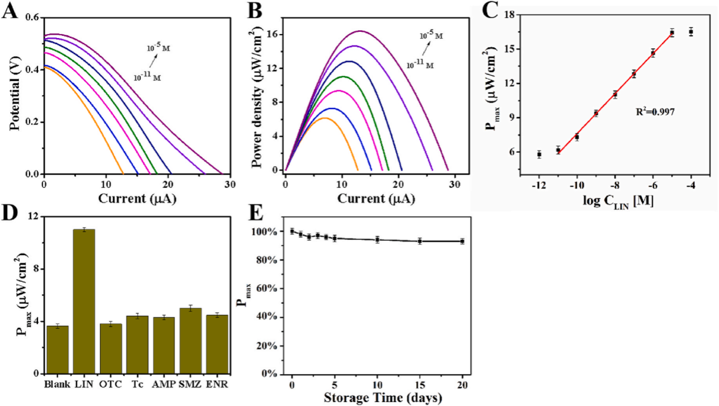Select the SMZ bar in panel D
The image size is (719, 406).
pos(195,341)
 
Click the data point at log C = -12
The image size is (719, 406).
pos(539,154)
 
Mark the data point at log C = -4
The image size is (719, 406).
pos(691,32)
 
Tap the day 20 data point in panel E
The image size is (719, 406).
pos(462,241)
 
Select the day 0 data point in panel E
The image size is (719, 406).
pos(292,231)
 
